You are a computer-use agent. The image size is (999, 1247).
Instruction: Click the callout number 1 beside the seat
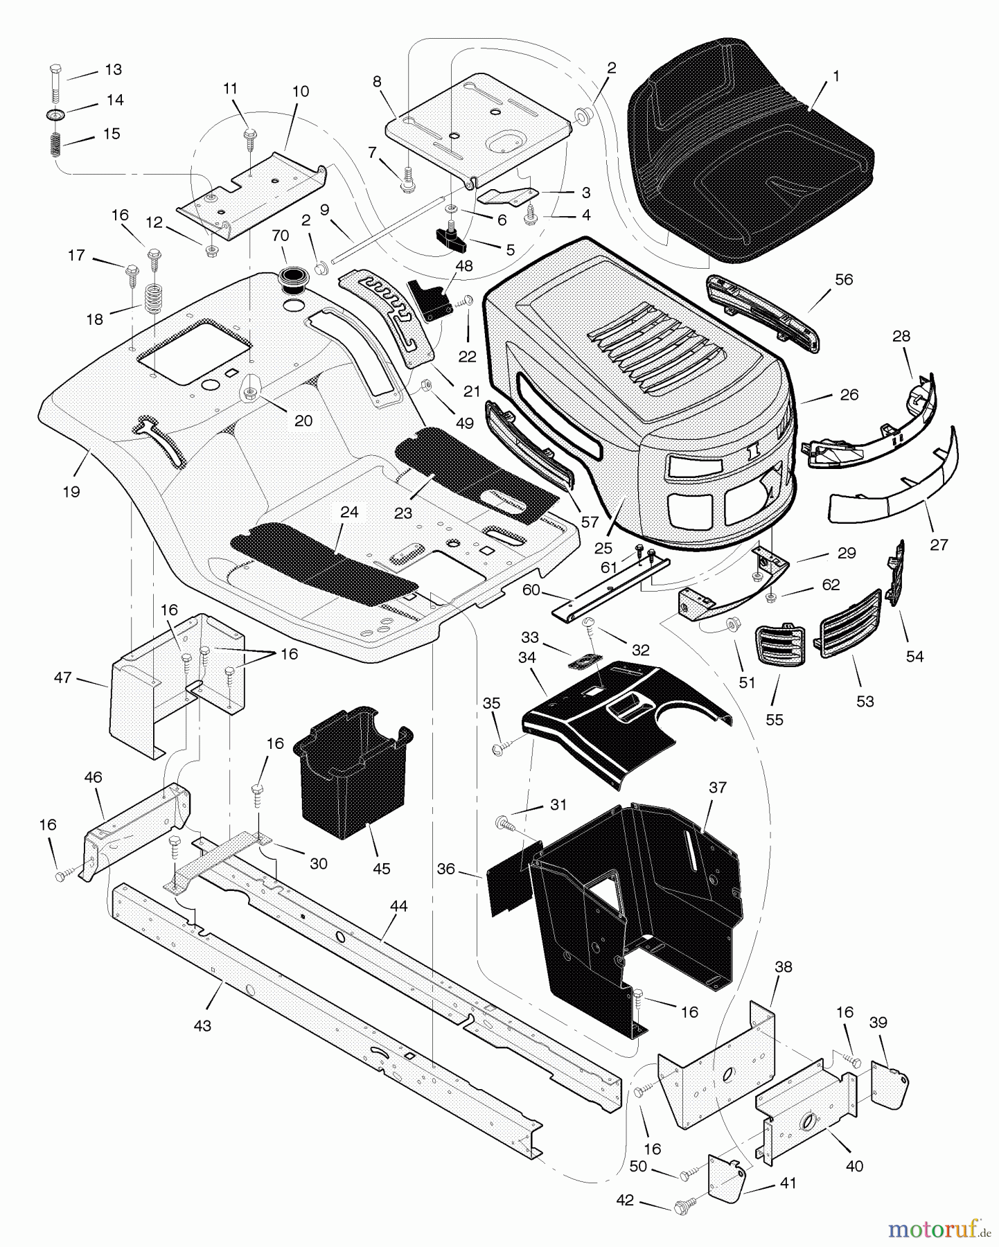(x=836, y=77)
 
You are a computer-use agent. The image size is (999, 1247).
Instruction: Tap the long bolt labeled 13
(x=55, y=86)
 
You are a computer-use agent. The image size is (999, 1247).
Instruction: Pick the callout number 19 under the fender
(x=71, y=492)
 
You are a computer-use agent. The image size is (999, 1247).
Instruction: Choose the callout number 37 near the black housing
(x=717, y=788)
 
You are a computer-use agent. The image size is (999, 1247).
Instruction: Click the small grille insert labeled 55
(x=775, y=646)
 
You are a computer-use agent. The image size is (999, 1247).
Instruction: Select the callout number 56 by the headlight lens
(x=843, y=280)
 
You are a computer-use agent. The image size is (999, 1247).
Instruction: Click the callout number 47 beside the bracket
(x=63, y=678)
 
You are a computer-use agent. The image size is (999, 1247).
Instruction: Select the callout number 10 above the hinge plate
(x=301, y=91)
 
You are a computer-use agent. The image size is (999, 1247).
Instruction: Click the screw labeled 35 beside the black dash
(x=502, y=749)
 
